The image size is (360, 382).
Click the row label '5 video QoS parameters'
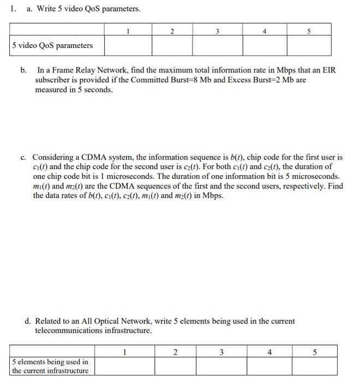pyautogui.click(x=52, y=45)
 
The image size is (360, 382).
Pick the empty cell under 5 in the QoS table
pyautogui.click(x=309, y=45)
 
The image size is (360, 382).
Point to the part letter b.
pyautogui.click(x=23, y=70)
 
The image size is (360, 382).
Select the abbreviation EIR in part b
pyautogui.click(x=328, y=70)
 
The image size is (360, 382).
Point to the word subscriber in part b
pyautogui.click(x=56, y=80)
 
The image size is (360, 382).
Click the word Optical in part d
pyautogui.click(x=99, y=321)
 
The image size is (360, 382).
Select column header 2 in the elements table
pyautogui.click(x=175, y=352)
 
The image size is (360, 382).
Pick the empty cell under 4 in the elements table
pyautogui.click(x=270, y=366)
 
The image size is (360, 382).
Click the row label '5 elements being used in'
pyautogui.click(x=50, y=362)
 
